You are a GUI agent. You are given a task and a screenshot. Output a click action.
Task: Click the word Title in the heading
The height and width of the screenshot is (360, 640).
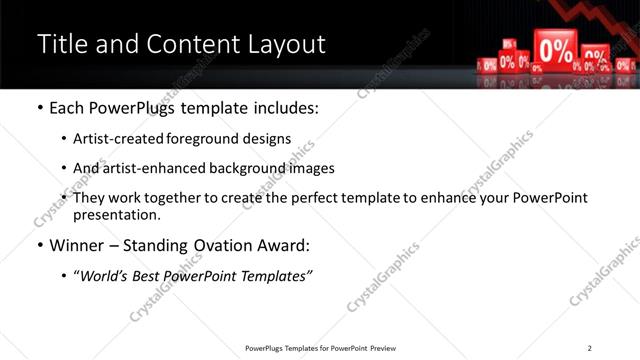[61, 44]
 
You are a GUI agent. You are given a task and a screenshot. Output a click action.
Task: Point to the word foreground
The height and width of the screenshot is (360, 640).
[214, 139]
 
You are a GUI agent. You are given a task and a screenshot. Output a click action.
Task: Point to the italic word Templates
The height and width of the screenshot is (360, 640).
[276, 276]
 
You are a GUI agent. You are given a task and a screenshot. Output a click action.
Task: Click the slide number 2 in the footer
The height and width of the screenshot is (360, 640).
[589, 348]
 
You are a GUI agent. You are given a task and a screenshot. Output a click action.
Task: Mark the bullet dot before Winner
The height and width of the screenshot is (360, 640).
[39, 245]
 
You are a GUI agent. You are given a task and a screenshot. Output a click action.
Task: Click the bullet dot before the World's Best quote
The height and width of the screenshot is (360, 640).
[64, 276]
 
